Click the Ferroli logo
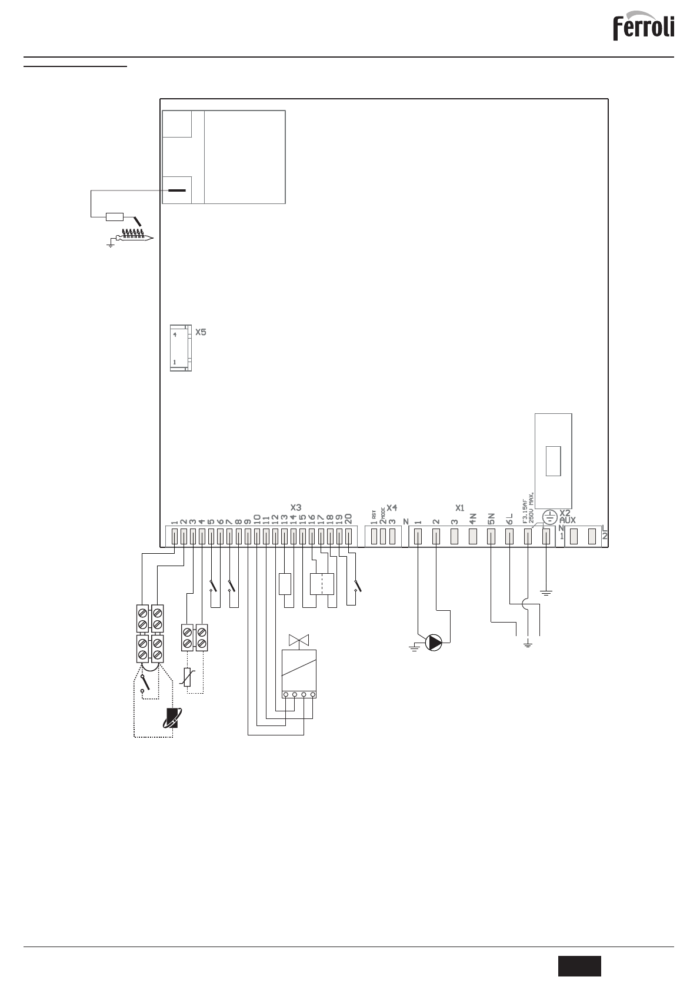tap(644, 28)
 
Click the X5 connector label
tap(201, 332)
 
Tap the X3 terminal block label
tap(296, 507)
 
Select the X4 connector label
tap(392, 507)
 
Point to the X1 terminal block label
tap(460, 507)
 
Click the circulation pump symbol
tap(434, 643)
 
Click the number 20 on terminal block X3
tap(348, 519)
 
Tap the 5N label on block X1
tap(491, 518)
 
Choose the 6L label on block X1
tap(509, 518)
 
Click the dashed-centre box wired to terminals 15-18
tap(322, 584)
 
